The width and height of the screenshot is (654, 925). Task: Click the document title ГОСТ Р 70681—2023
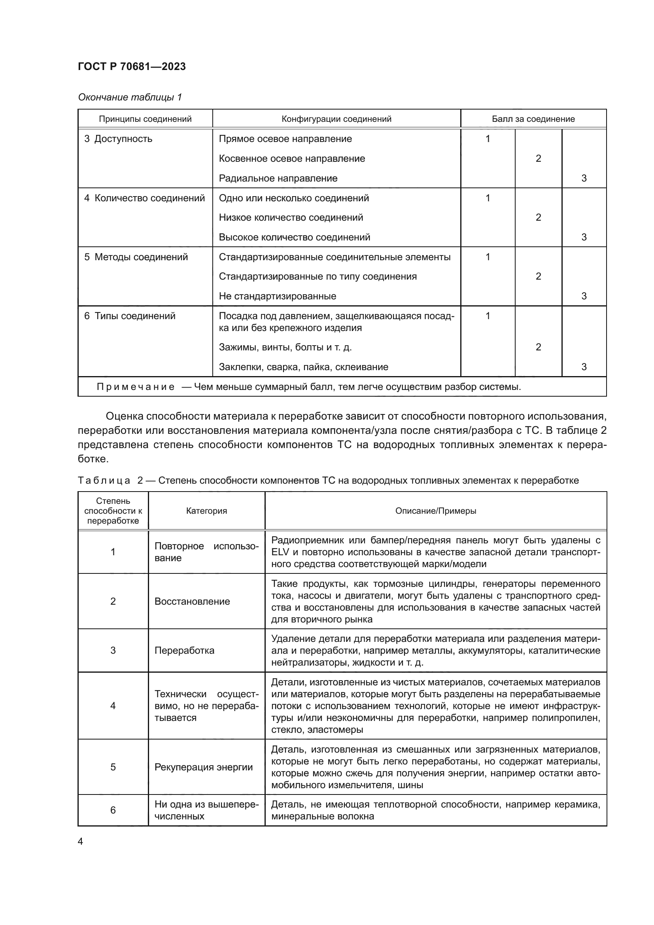point(132,66)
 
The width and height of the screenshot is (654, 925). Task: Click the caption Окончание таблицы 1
point(130,97)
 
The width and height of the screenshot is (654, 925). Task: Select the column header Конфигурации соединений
point(336,119)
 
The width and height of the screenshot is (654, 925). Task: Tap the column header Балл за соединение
point(533,119)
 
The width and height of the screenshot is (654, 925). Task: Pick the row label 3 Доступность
point(118,139)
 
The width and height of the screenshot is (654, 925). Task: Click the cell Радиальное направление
point(278,178)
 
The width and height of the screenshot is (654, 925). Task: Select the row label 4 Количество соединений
point(144,198)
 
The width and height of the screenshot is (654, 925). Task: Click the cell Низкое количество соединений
point(291,218)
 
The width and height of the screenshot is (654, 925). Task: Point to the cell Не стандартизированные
point(277,296)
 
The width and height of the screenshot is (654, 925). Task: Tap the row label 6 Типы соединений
point(130,316)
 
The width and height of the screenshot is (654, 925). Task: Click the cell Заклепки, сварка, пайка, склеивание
point(303,367)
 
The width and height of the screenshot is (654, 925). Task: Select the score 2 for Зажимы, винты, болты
point(538,347)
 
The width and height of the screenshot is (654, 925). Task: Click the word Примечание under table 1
point(136,387)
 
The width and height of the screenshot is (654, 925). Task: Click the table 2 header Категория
point(206,511)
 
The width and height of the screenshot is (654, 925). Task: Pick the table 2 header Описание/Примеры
point(435,511)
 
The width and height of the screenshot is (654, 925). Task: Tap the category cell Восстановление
point(192,602)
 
